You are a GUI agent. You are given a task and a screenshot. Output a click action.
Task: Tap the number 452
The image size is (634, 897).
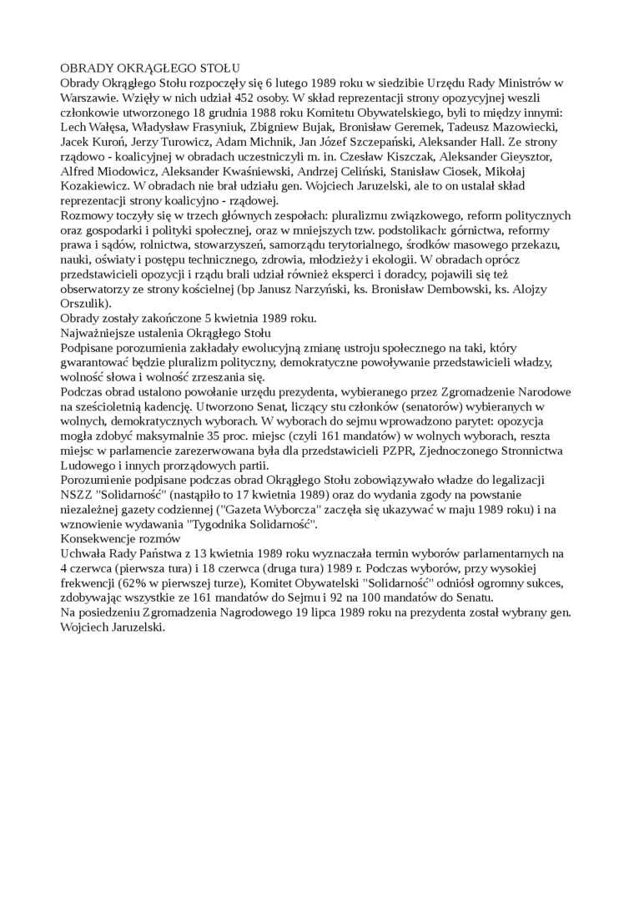click(x=224, y=98)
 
